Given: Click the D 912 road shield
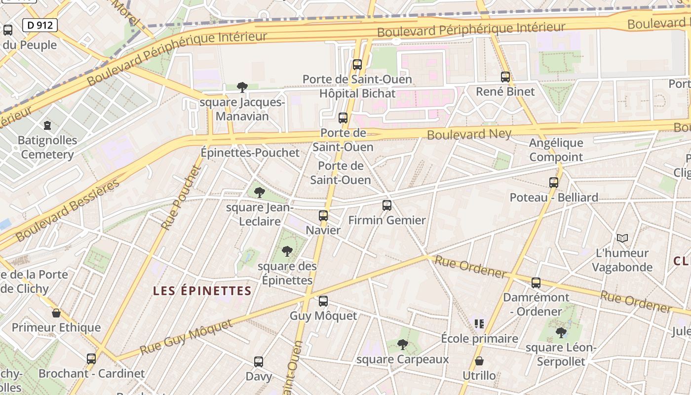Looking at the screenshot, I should coord(40,25).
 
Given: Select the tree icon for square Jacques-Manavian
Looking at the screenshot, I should coord(242,87).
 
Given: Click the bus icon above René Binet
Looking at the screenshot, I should coord(505,77).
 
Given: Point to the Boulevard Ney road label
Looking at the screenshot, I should coord(469,134).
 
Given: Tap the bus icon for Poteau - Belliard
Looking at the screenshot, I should coord(553,183).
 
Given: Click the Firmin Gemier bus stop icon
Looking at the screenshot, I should coord(387,205).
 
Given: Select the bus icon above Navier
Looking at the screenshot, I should coord(323,216).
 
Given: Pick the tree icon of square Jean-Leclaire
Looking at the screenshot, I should coord(259,193).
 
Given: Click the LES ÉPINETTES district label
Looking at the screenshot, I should coord(202,291).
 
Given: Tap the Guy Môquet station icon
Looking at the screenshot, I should coord(323,301).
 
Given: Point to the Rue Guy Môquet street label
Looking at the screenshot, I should coord(186,338).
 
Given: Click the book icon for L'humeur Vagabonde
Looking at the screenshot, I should coord(622,238).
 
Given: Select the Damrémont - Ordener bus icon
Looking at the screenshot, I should coord(536,283).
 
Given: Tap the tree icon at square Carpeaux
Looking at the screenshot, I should coord(403,344).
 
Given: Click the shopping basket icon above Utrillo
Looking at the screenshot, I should coord(479,361).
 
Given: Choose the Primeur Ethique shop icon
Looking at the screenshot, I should coord(56,313).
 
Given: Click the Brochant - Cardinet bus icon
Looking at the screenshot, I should coord(91,359).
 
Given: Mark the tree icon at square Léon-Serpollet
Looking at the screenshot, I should coord(561,333).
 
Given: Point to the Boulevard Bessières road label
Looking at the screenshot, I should coord(68,211).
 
